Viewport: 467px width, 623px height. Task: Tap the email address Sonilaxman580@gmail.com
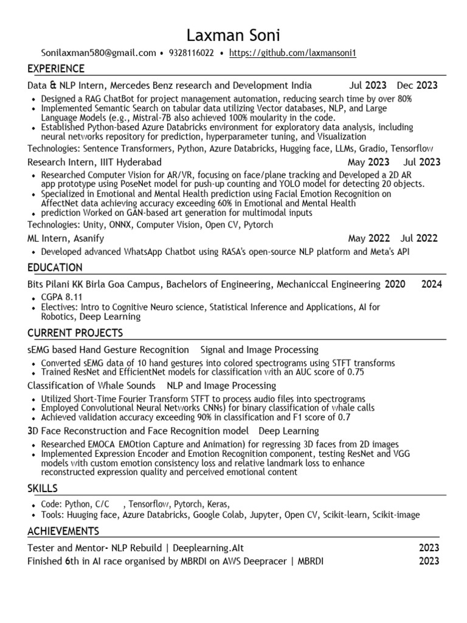[99, 53]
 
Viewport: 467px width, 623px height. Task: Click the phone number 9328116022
[192, 53]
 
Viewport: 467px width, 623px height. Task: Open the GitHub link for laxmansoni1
[292, 53]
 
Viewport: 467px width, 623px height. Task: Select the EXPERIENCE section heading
[56, 68]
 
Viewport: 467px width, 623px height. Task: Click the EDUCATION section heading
[55, 268]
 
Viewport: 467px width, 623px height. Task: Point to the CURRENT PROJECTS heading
[75, 333]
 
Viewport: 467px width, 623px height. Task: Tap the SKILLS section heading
[43, 489]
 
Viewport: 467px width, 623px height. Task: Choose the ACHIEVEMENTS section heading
[63, 532]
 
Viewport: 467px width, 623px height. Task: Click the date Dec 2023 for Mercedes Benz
[417, 85]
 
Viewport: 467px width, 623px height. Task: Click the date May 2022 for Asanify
[368, 238]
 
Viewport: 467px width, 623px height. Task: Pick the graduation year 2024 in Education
[431, 284]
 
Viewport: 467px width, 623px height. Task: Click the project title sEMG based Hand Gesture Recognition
[108, 349]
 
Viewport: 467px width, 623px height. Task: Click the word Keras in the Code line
[218, 504]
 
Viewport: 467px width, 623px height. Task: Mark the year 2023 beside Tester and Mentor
[429, 548]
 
